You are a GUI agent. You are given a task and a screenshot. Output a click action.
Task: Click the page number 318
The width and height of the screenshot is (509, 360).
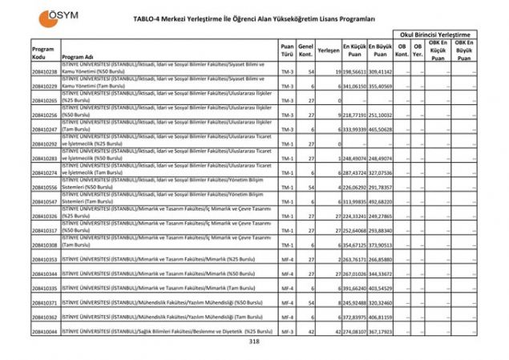254,342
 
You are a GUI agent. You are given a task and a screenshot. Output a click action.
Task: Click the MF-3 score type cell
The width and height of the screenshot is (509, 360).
287,330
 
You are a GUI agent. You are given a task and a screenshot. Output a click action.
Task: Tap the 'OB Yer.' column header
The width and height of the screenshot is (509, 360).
418,50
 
